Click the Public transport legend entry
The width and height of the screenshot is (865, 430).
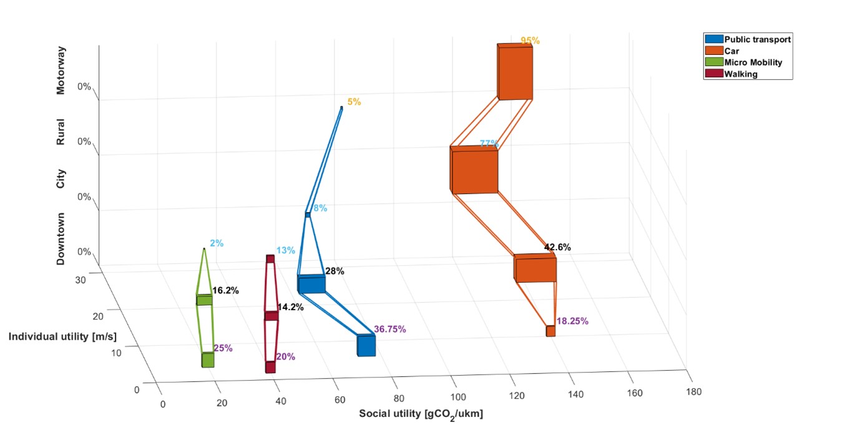tap(757, 39)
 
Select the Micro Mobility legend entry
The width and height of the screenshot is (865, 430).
tap(753, 62)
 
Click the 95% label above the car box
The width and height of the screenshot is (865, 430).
tap(530, 41)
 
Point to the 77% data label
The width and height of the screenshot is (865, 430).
tap(489, 144)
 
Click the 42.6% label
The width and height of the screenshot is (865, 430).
tap(557, 247)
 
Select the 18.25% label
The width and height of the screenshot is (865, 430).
tap(572, 321)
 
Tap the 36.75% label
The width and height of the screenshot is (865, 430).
tap(390, 329)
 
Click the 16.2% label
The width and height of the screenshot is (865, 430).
tap(225, 290)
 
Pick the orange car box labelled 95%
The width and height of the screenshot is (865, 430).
tap(516, 72)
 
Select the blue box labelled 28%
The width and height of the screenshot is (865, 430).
tap(311, 284)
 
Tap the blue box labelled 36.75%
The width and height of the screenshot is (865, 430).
tap(366, 345)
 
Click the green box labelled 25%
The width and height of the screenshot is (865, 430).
tap(208, 360)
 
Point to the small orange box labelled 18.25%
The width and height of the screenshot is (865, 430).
tap(550, 331)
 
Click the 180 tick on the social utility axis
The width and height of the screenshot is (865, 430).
tap(693, 392)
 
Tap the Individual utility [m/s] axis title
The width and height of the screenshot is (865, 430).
tap(62, 337)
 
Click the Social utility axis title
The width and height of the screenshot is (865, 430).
tap(421, 414)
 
